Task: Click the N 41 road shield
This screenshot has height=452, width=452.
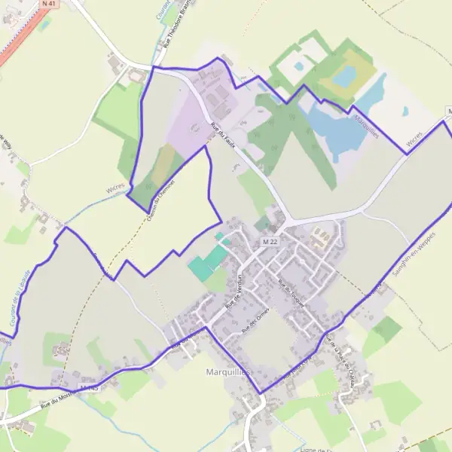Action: [49, 4]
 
